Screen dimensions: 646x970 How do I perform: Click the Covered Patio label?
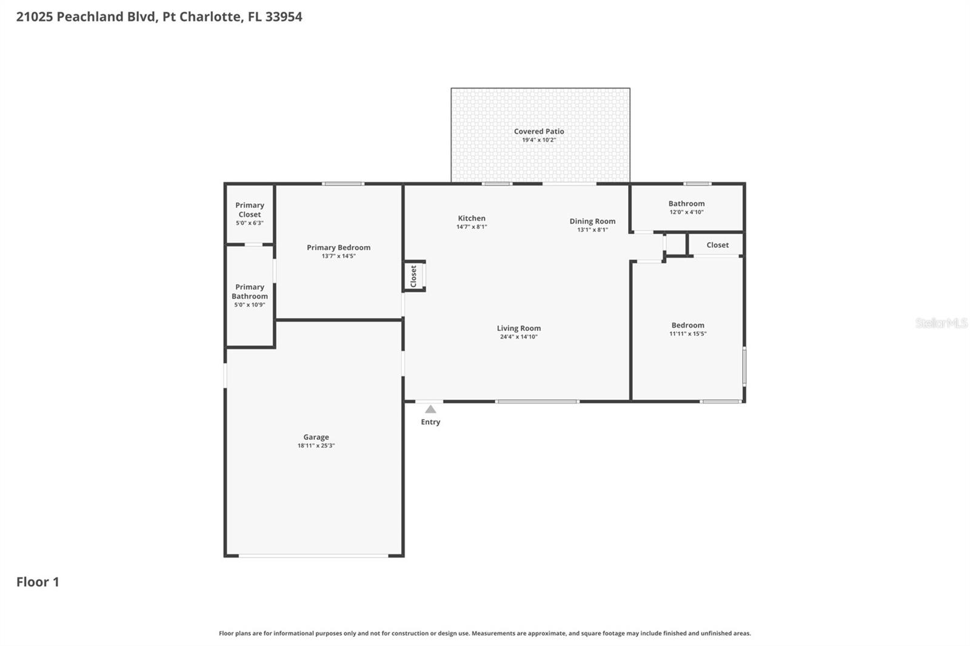click(538, 131)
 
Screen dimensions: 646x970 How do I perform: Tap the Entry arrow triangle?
click(430, 410)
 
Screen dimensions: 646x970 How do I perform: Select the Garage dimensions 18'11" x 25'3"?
click(316, 445)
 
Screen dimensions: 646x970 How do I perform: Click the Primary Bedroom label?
click(338, 247)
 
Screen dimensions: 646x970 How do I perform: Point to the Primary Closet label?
click(249, 210)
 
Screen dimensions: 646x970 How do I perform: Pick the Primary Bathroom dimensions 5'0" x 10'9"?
click(249, 305)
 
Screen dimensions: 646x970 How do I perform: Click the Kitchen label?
click(471, 218)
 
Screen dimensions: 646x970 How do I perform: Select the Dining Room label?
click(592, 221)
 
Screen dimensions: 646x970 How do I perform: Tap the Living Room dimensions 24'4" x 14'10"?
click(518, 337)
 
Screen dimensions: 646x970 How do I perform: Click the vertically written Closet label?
click(413, 276)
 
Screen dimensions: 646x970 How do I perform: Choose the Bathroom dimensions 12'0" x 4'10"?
click(686, 212)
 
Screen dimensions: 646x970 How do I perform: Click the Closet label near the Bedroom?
click(717, 245)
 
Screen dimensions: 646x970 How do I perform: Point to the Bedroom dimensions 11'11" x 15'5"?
click(687, 334)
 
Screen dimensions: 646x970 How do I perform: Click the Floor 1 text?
click(38, 582)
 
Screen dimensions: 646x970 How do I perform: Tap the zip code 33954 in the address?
click(283, 17)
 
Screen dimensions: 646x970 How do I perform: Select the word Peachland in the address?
click(90, 17)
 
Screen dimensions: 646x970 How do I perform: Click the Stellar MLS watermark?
click(941, 323)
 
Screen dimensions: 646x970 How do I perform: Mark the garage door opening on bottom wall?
click(313, 555)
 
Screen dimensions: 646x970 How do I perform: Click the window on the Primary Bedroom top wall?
click(343, 184)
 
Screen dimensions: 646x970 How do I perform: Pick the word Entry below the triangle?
click(430, 422)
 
